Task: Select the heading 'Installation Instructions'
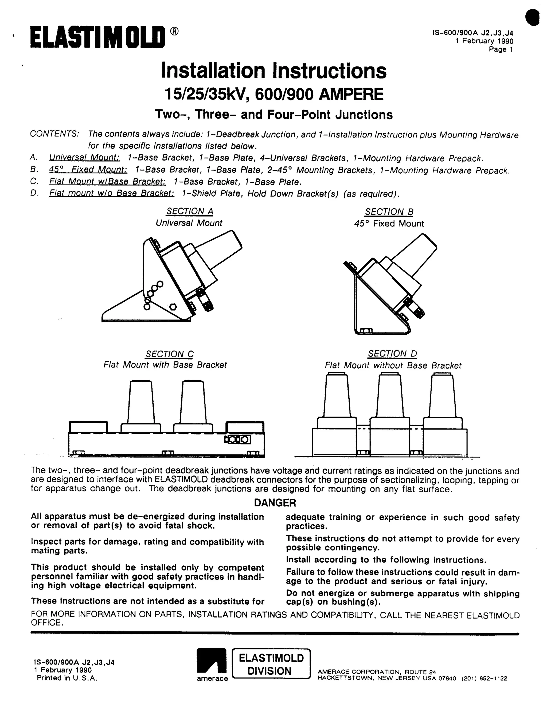(x=274, y=71)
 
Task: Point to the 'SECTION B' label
(x=389, y=212)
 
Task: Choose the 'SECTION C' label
(x=169, y=354)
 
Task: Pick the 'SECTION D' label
(x=392, y=354)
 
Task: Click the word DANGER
(x=275, y=503)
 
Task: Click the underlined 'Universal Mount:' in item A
(x=84, y=158)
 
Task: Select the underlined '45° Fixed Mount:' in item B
(x=88, y=170)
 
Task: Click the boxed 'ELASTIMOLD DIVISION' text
(x=271, y=664)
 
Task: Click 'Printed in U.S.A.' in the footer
(x=67, y=678)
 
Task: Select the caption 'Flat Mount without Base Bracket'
(x=393, y=366)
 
